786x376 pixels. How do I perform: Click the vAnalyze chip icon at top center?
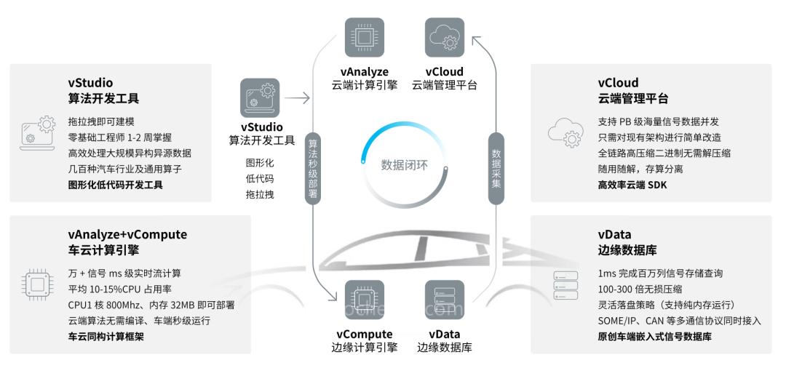[x=365, y=38]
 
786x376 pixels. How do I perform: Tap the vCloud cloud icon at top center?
[x=445, y=38]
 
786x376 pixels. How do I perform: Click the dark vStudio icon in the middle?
[x=260, y=98]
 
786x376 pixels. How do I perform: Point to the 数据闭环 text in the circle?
[x=405, y=164]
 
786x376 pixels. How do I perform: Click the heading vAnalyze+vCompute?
[x=127, y=234]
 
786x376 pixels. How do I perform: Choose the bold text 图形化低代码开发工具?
[x=115, y=185]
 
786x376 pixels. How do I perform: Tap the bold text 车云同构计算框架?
[x=106, y=336]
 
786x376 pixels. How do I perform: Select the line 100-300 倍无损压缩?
[x=640, y=289]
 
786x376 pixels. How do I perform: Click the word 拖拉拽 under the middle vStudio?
[x=260, y=194]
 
